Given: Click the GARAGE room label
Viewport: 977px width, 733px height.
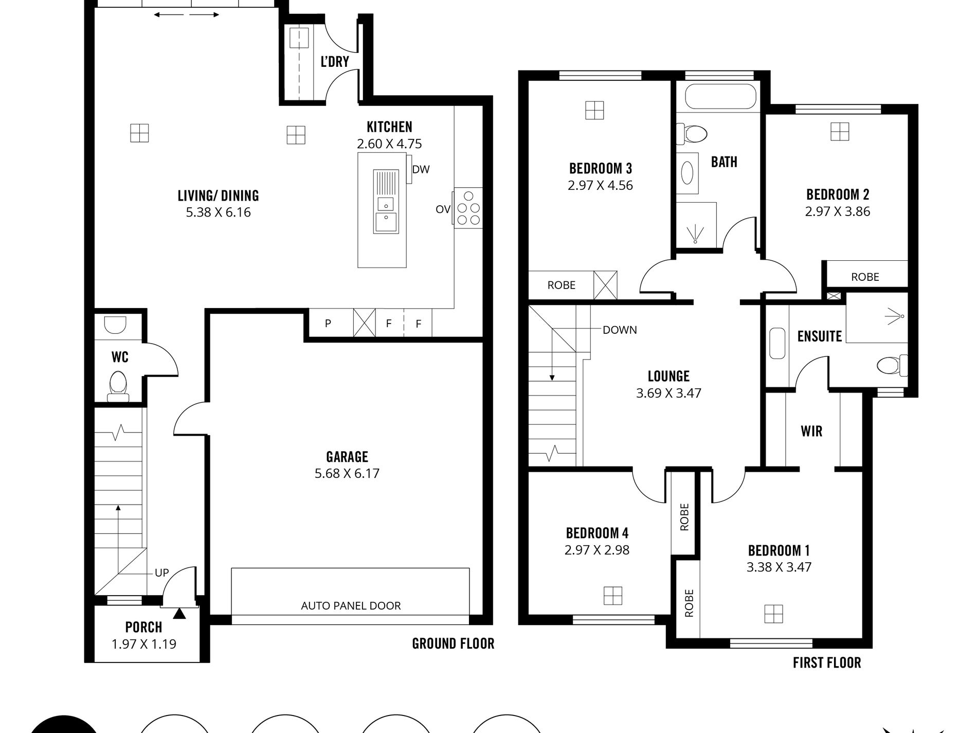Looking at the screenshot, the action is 347,457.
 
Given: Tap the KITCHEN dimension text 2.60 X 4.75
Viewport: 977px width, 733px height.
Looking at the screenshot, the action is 389,144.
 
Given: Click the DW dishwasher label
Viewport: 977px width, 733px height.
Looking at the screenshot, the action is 421,169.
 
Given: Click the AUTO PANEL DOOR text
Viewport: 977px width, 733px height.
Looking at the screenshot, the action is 351,606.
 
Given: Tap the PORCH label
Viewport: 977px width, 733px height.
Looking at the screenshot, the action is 144,628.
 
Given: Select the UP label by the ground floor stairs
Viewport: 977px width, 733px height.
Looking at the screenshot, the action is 161,573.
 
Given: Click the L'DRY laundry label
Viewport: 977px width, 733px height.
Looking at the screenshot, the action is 335,62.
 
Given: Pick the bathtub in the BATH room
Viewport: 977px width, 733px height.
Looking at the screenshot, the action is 718,97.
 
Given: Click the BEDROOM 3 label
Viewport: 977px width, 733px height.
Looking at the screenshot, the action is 600,168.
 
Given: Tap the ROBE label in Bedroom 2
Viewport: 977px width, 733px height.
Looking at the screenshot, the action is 865,277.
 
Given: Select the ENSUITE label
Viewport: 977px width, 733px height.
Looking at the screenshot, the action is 819,336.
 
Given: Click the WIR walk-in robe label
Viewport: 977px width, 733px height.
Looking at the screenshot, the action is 811,431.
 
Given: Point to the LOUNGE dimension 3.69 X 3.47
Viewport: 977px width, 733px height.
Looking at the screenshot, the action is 668,393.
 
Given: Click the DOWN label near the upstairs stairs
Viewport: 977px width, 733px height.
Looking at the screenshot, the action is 620,330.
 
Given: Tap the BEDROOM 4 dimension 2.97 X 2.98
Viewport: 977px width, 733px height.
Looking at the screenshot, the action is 596,550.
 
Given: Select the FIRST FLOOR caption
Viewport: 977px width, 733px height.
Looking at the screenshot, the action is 827,663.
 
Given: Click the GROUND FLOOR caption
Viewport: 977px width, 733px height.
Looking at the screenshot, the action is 453,643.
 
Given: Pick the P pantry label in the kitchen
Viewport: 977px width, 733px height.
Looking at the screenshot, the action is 328,324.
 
